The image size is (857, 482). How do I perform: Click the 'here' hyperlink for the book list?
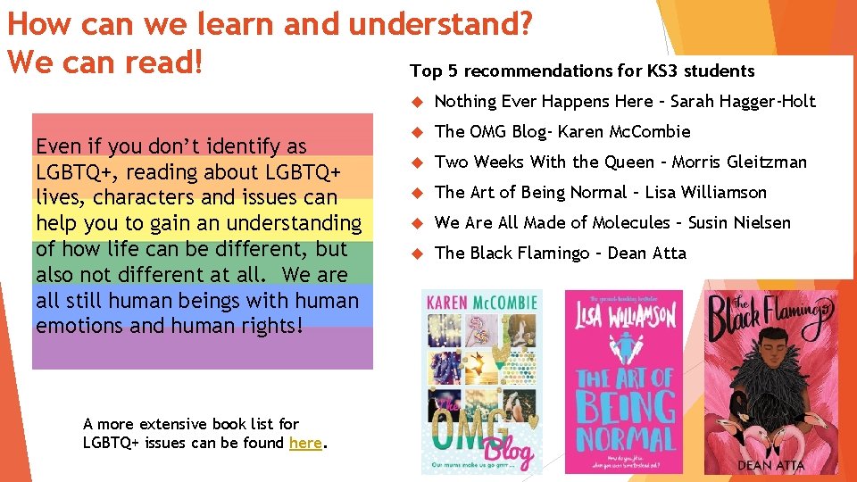pyautogui.click(x=305, y=443)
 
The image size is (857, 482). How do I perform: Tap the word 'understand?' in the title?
pyautogui.click(x=441, y=23)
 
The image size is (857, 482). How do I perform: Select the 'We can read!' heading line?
pyautogui.click(x=105, y=62)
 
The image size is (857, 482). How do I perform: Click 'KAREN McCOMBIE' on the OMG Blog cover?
pyautogui.click(x=481, y=303)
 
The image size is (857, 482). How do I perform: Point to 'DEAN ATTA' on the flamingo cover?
pyautogui.click(x=770, y=464)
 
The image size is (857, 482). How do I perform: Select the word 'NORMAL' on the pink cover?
pyautogui.click(x=624, y=436)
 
